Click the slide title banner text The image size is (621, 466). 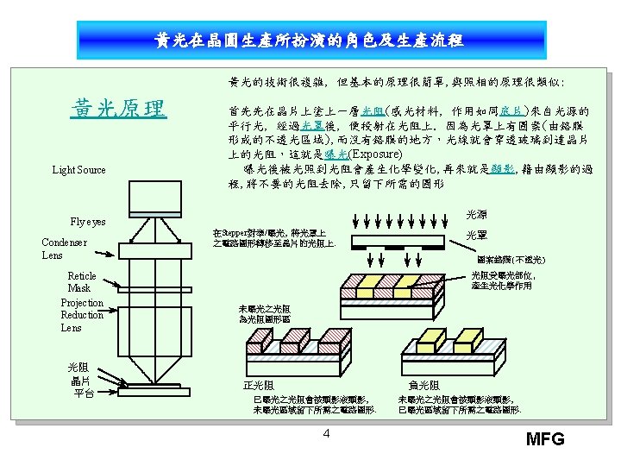pos(309,41)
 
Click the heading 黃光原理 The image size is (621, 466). pos(118,110)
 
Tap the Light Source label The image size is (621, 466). pos(78,170)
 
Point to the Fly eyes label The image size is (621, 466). pos(88,222)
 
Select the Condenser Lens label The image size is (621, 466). pos(64,249)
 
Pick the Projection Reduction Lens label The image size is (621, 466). pos(81,315)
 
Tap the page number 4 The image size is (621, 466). pos(326,432)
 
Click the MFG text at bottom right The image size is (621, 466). pos(545,439)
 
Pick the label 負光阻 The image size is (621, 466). pos(423,385)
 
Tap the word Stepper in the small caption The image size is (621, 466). pos(235,233)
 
